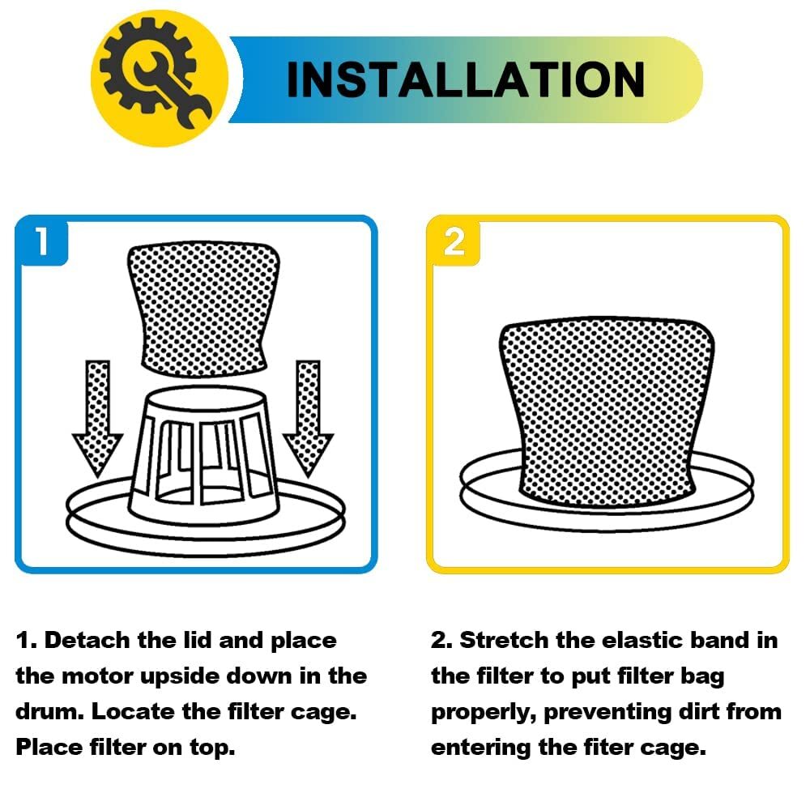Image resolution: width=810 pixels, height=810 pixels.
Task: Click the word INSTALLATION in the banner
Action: coord(466,79)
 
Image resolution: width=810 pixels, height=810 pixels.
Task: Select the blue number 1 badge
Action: coord(42,241)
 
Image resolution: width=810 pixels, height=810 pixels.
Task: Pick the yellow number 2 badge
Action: coord(454,241)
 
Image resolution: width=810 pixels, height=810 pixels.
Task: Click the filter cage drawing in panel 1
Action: coord(204,454)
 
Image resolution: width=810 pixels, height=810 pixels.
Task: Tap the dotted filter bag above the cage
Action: coord(203,309)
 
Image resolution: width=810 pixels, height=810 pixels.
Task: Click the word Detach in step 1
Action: coord(87,641)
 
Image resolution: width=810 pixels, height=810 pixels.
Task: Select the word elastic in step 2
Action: coord(640,641)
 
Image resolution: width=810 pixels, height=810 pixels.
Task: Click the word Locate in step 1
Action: coord(134,712)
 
